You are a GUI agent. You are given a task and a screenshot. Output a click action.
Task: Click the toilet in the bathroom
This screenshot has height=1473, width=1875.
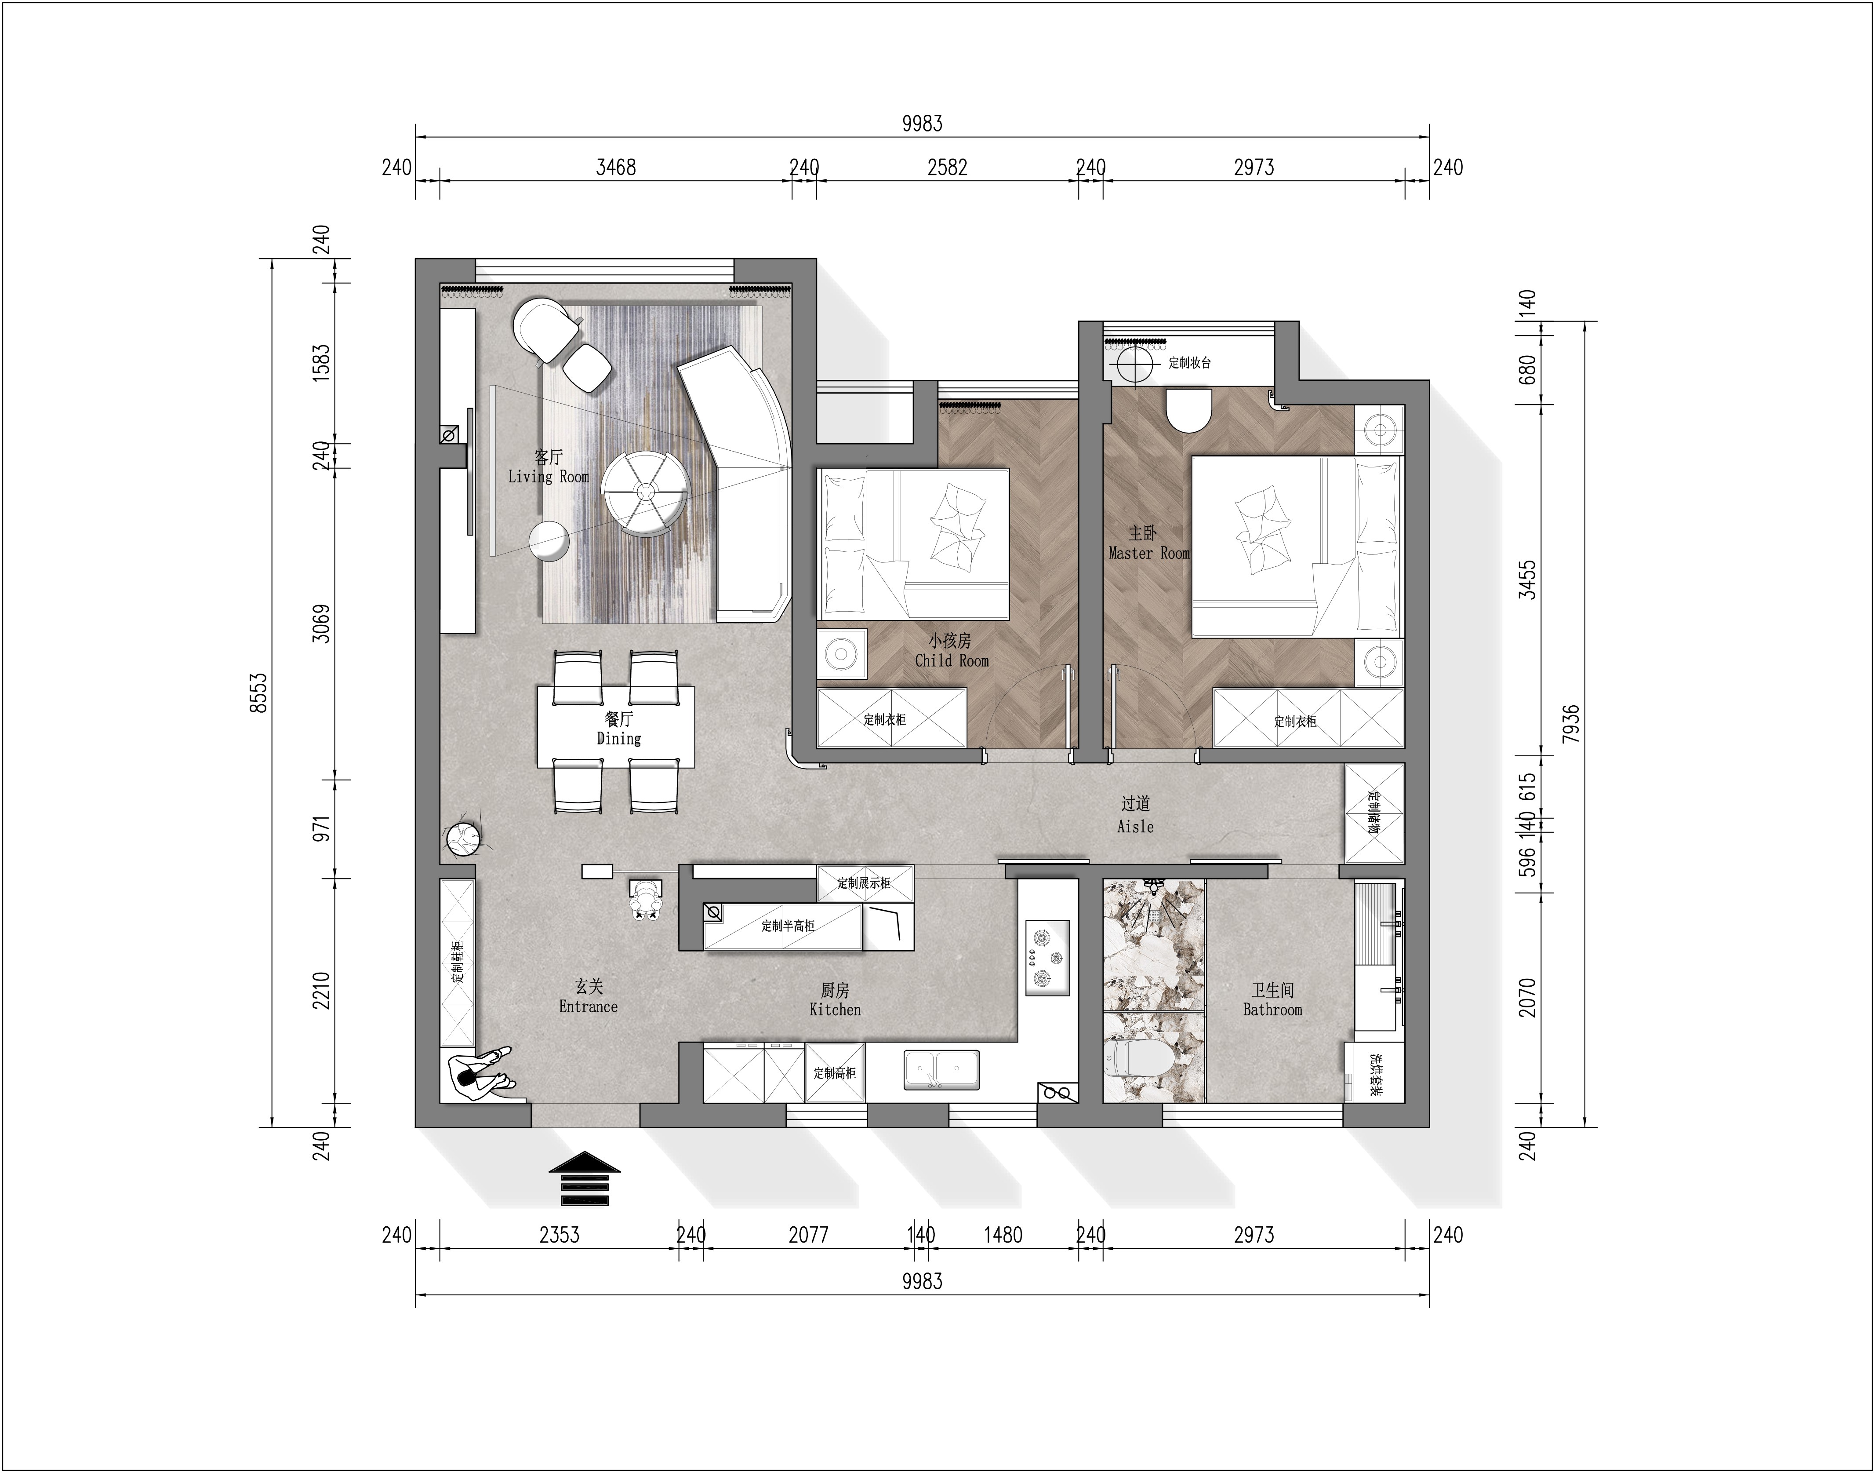pyautogui.click(x=1136, y=1057)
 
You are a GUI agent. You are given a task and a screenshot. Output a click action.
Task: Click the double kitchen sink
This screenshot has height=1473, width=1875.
pyautogui.click(x=941, y=1069)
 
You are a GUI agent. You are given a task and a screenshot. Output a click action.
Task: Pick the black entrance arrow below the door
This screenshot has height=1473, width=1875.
pyautogui.click(x=585, y=1178)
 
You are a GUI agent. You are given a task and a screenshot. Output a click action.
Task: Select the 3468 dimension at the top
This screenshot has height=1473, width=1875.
pyautogui.click(x=616, y=168)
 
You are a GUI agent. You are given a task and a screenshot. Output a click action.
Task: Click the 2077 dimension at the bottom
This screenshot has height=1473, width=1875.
pyautogui.click(x=809, y=1235)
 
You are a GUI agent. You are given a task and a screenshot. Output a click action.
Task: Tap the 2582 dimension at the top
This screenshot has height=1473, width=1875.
pyautogui.click(x=948, y=168)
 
